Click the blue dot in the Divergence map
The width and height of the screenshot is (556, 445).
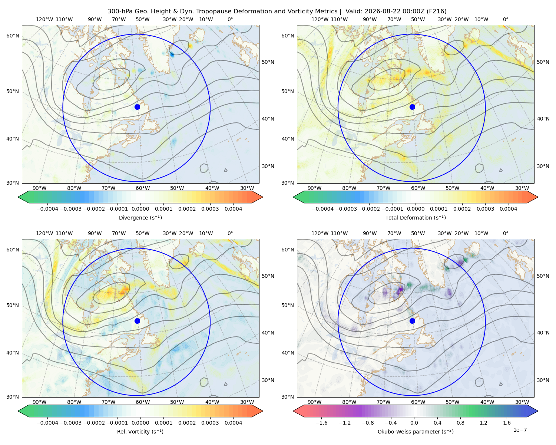point(137,107)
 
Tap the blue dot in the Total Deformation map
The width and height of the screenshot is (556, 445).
point(412,107)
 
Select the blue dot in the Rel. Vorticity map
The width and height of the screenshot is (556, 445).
point(137,321)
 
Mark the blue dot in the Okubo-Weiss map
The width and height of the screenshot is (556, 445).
point(412,321)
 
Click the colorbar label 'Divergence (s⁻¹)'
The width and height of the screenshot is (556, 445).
point(140,217)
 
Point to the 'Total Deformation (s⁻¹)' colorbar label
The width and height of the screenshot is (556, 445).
point(416,217)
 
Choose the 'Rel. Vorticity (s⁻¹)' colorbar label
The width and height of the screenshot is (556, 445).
point(140,431)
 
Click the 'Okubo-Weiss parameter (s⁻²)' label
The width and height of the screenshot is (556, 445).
point(416,431)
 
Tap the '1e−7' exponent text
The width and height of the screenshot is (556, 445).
point(520,430)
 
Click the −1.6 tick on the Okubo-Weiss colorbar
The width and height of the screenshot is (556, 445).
point(321,422)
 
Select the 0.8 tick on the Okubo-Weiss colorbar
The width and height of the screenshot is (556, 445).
point(460,422)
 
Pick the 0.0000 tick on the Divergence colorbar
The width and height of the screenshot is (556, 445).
point(140,209)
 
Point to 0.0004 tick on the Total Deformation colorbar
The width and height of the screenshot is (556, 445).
point(508,209)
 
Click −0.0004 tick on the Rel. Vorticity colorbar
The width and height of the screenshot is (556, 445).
point(47,422)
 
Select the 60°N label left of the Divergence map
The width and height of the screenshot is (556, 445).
point(13,36)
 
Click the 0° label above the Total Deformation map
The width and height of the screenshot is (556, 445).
point(505,19)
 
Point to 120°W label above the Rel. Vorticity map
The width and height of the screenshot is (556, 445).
point(44,233)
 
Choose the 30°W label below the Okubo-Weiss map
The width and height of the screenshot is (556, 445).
point(522,402)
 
